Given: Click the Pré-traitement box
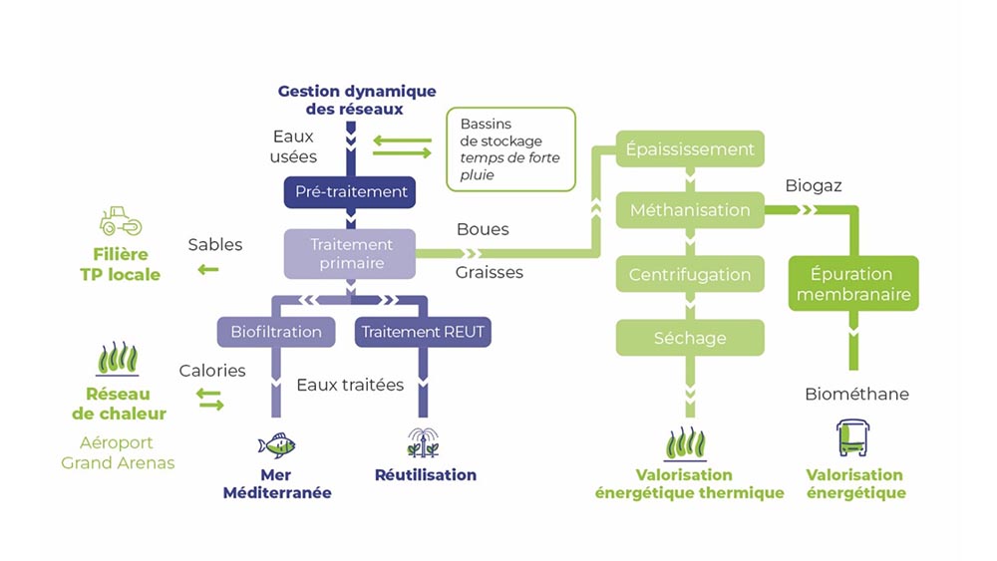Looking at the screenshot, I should coord(350,191).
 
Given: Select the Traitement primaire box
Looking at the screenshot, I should coord(350,253).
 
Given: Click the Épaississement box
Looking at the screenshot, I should coord(690,149).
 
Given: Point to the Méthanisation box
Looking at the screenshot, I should coord(690,210).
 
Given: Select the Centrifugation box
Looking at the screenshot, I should coord(690,274).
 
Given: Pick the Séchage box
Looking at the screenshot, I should coord(690,338).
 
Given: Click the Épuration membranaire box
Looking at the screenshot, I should coord(853,283).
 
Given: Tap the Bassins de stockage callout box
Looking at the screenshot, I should coord(510,148).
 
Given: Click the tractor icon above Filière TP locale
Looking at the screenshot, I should coord(121,220).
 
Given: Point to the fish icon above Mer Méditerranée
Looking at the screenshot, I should coord(276,444).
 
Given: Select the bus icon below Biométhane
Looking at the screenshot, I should coord(854,437).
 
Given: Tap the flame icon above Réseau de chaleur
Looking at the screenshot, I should coord(117,358).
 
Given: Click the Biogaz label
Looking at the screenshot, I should coord(814,186).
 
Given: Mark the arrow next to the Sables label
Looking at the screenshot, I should coord(208,269).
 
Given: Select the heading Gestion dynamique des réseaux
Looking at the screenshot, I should coord(356,100).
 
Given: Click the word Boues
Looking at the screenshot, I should coord(483,229).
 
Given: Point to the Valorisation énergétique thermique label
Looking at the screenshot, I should coord(690,484).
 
